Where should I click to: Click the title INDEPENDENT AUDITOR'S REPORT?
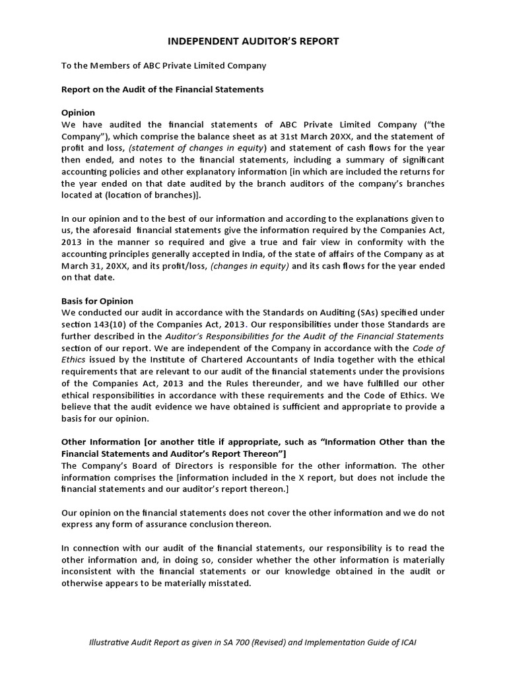(x=253, y=41)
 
